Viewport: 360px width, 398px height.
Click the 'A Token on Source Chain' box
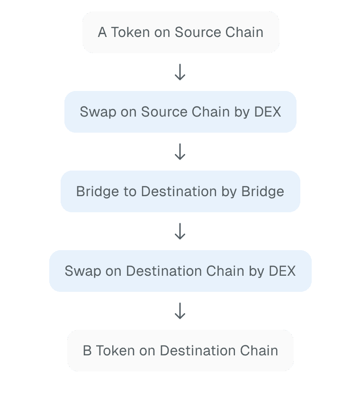pos(180,32)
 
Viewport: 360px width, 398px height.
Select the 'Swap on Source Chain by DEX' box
pos(180,112)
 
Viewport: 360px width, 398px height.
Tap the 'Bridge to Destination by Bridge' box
pos(180,191)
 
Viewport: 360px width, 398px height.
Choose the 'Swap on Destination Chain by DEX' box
pos(180,271)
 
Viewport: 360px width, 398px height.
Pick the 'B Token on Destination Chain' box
pos(180,351)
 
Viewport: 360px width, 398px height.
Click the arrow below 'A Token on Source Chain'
pos(180,72)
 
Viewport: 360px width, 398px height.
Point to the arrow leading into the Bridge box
pos(180,152)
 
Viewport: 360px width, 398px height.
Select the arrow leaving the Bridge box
pos(180,232)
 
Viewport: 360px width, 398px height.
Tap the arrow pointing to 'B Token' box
pos(180,311)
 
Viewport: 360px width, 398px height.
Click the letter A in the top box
pos(102,32)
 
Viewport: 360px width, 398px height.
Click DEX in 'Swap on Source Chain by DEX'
pos(268,112)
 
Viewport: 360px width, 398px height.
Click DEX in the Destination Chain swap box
pos(282,271)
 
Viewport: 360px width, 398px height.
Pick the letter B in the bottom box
pos(87,351)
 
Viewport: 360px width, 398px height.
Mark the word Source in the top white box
pos(196,32)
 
